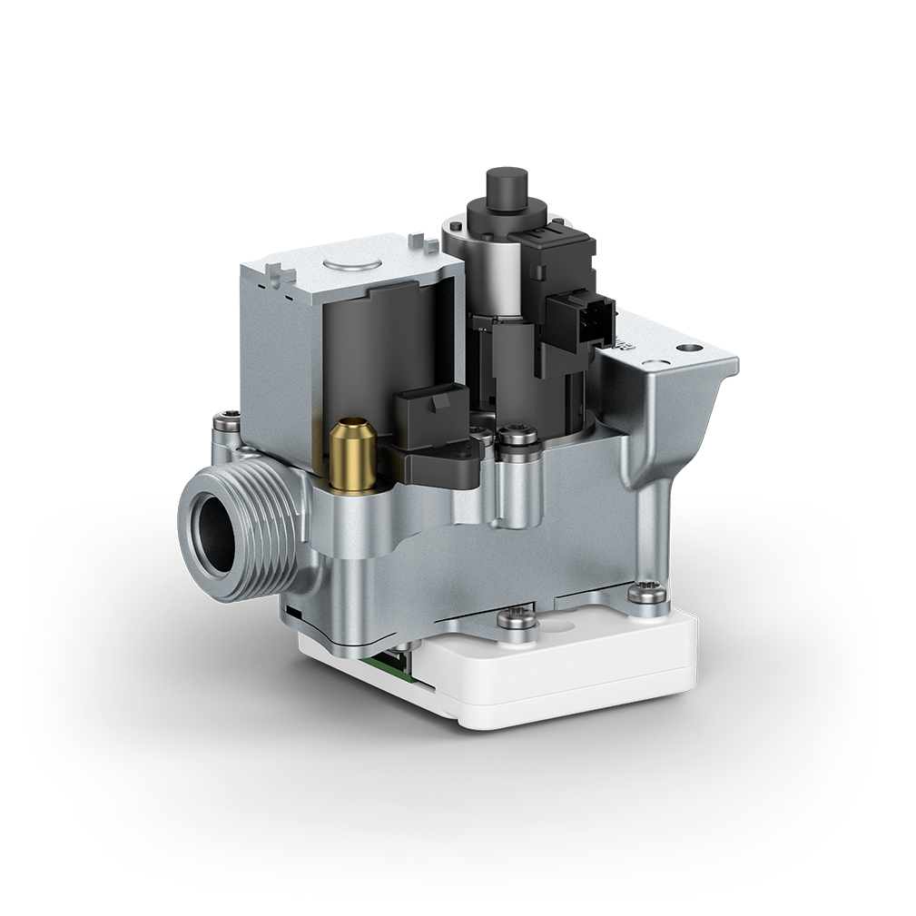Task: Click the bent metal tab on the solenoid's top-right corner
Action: (x=419, y=242)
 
